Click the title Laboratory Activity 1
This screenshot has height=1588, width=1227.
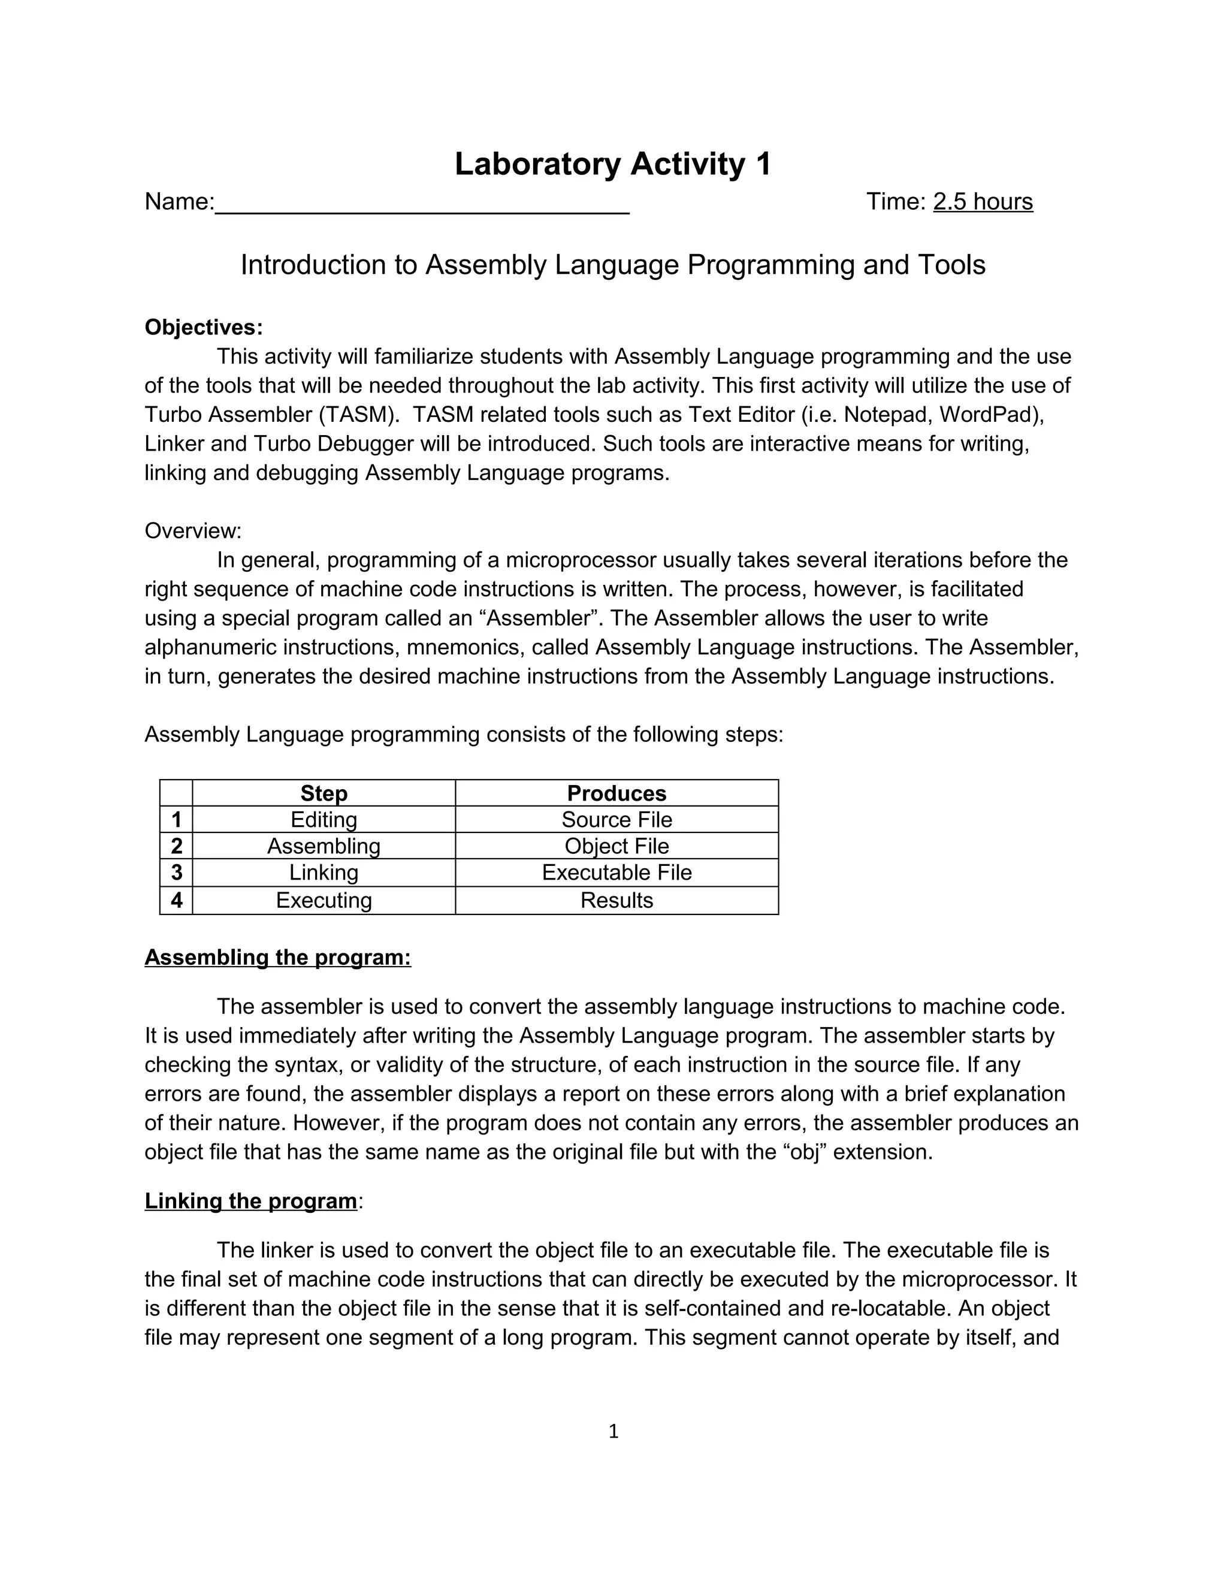coord(613,164)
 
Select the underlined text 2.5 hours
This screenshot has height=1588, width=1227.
coord(982,202)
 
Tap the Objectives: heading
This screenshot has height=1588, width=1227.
coord(204,327)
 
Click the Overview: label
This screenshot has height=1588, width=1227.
coord(193,531)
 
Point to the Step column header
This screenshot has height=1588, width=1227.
coord(324,793)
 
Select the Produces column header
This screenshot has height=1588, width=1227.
coord(616,793)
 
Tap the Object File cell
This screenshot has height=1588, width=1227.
coord(616,846)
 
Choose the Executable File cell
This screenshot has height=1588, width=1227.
coord(616,873)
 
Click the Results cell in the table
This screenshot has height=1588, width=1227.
coord(616,900)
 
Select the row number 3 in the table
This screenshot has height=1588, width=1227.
coord(176,873)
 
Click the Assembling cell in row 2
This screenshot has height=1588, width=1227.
coord(324,846)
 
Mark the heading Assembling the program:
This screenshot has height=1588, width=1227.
coord(277,958)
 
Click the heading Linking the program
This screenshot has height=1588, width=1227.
coord(251,1201)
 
